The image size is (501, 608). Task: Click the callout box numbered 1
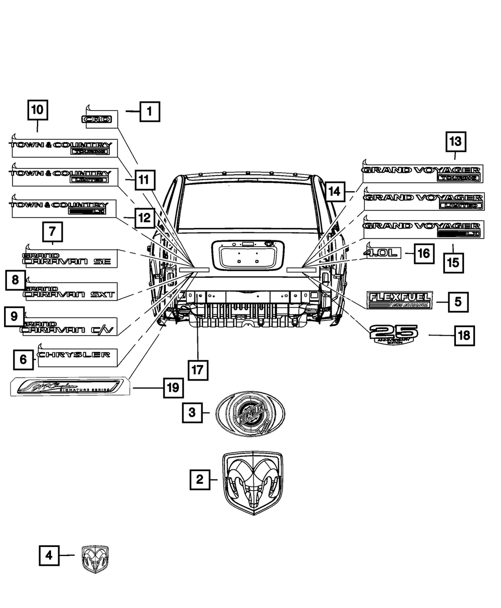pos(149,112)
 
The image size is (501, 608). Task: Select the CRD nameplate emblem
pos(98,120)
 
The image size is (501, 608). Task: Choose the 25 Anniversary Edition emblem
pos(393,334)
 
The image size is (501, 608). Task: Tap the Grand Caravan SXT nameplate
pos(70,292)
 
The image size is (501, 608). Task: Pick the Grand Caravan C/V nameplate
pos(69,327)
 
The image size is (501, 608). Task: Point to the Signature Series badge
pos(70,386)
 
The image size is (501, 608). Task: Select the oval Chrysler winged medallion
pos(250,414)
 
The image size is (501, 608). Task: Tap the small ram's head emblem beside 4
pos(95,559)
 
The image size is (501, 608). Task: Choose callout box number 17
pos(198,370)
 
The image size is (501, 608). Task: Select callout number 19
pos(173,387)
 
